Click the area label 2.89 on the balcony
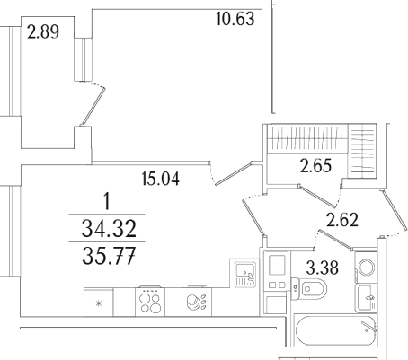coord(43,32)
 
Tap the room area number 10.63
coord(235,19)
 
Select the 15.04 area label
coord(161,179)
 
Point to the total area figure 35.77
coord(109,256)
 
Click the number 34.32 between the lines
coord(109,228)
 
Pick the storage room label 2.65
coord(316,166)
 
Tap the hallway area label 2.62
coord(342,220)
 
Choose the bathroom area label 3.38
coord(323,268)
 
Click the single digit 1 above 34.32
coord(106,201)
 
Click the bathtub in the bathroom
coord(335,330)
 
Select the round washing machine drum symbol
coord(367,267)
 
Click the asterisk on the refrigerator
coord(98,303)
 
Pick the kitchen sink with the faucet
coord(245,274)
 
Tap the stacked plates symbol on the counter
coord(196,302)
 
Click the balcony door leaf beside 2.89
coord(93,107)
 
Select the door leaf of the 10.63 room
coord(235,173)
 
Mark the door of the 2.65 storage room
coord(316,197)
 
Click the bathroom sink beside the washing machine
coord(366,298)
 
